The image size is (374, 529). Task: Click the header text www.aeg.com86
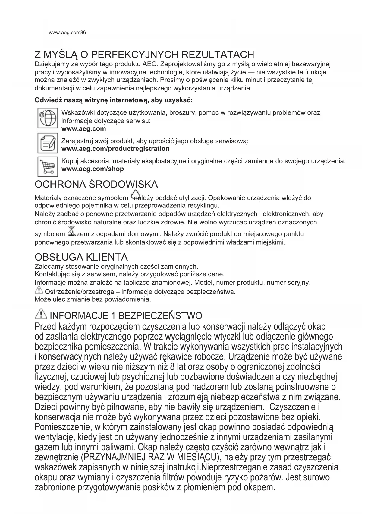click(67, 33)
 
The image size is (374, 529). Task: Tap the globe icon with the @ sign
click(47, 118)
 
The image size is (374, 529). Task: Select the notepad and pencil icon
click(47, 143)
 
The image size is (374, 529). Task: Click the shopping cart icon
click(47, 166)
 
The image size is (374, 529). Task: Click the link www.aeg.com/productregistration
click(115, 149)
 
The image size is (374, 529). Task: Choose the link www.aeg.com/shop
click(93, 169)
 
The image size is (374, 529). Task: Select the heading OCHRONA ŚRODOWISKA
click(96, 184)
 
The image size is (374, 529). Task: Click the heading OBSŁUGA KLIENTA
click(81, 257)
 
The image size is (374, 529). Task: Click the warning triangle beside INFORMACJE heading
click(41, 315)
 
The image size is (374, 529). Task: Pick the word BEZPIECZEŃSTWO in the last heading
click(160, 316)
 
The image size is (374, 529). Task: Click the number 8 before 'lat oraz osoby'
click(172, 367)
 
